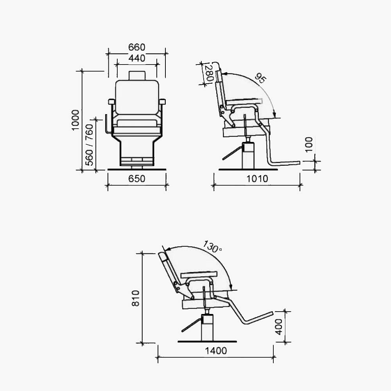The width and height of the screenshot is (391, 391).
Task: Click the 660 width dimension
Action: point(137,47)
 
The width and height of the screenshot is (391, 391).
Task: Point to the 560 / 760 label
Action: point(90,145)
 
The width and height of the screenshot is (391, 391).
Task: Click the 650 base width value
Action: point(137,179)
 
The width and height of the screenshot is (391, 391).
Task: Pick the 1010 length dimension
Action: point(257,179)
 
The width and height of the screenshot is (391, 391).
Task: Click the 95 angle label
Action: point(260,78)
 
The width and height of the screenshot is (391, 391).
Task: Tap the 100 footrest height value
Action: point(309,145)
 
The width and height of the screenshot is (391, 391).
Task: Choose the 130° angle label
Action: point(212,246)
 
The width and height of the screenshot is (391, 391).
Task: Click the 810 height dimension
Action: point(136,298)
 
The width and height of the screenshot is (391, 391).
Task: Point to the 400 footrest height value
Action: point(279,326)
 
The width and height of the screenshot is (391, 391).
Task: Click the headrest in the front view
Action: point(137,75)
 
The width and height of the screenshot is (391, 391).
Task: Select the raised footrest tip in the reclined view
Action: point(269,313)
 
